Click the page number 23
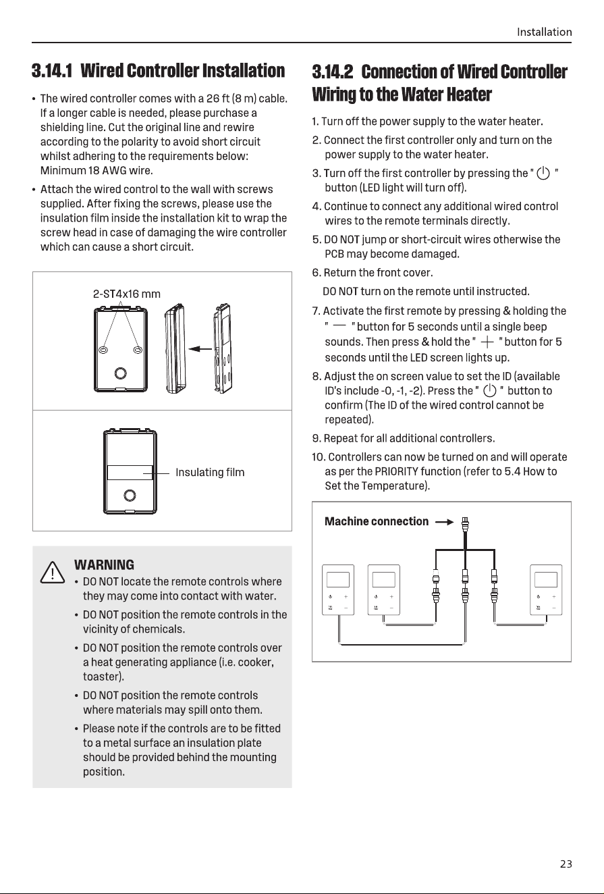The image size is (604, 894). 566,864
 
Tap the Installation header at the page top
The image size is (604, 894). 544,32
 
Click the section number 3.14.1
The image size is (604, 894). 52,71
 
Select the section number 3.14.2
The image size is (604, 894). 333,72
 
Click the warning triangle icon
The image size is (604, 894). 52,573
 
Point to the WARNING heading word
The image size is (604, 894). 104,564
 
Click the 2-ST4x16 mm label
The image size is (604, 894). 126,294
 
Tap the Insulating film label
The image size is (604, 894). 210,472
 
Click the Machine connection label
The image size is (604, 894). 376,521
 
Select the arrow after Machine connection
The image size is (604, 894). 445,522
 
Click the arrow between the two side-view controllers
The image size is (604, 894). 200,349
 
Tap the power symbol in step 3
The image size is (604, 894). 543,174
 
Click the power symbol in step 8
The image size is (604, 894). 489,391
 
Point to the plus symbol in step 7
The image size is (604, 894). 487,342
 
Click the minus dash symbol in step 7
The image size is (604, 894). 339,325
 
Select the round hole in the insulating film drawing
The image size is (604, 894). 130,496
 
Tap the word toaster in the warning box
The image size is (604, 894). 101,677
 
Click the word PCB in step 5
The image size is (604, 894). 334,255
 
